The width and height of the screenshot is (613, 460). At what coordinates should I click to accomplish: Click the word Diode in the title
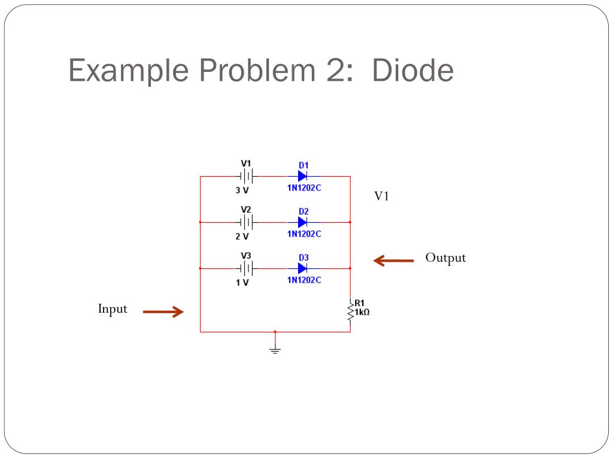[412, 71]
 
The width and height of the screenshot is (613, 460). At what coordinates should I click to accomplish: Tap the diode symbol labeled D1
[302, 176]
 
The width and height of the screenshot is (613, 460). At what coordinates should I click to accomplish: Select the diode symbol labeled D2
[302, 222]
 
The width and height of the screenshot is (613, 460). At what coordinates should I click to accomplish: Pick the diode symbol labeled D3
[302, 268]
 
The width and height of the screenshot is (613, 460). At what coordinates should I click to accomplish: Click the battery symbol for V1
[246, 176]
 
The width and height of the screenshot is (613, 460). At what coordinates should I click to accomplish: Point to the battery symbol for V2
[246, 222]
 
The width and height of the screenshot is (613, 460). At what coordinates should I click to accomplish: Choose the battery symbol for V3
[246, 268]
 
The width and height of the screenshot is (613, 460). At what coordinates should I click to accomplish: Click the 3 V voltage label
[242, 190]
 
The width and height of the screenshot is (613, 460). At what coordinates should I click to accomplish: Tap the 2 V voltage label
[242, 237]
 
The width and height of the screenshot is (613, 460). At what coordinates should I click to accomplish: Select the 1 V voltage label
[242, 283]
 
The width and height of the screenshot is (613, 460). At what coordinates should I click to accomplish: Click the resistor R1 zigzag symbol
[350, 311]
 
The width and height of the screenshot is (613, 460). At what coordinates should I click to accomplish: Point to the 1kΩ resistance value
[362, 312]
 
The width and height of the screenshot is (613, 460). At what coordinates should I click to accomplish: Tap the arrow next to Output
[393, 261]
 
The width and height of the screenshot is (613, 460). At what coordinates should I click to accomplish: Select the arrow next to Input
[163, 311]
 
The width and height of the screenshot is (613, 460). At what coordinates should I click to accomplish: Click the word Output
[445, 258]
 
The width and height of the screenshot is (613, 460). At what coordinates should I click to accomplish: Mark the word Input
[113, 309]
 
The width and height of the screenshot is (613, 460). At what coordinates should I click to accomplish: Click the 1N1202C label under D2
[304, 234]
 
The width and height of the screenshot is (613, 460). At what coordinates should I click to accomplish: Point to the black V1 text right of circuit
[381, 196]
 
